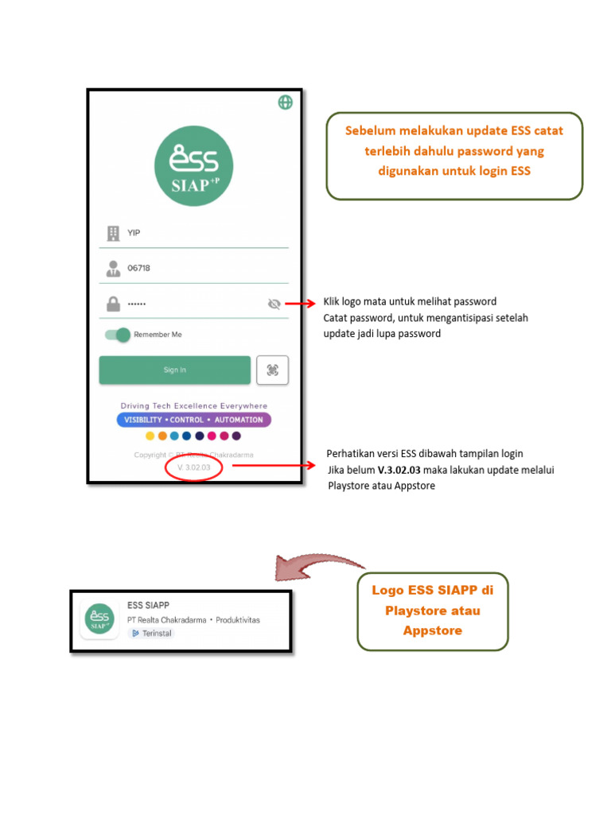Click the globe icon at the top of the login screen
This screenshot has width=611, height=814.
[x=285, y=102]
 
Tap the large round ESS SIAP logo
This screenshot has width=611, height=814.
[x=193, y=166]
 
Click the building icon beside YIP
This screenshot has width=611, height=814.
[x=113, y=233]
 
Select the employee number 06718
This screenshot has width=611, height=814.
[x=139, y=268]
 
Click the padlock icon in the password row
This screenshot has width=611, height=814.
[x=114, y=303]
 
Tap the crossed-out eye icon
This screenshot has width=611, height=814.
[x=274, y=304]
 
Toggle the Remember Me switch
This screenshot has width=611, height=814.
[x=118, y=335]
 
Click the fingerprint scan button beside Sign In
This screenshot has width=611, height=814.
[x=272, y=370]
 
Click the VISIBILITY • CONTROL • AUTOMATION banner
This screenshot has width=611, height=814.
[x=194, y=420]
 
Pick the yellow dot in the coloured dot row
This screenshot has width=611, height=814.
[x=150, y=436]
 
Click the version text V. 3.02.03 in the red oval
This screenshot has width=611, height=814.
[x=193, y=467]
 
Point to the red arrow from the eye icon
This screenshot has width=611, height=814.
[x=302, y=304]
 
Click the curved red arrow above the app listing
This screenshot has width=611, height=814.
[x=318, y=565]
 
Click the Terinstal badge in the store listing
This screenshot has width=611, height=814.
[x=151, y=633]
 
